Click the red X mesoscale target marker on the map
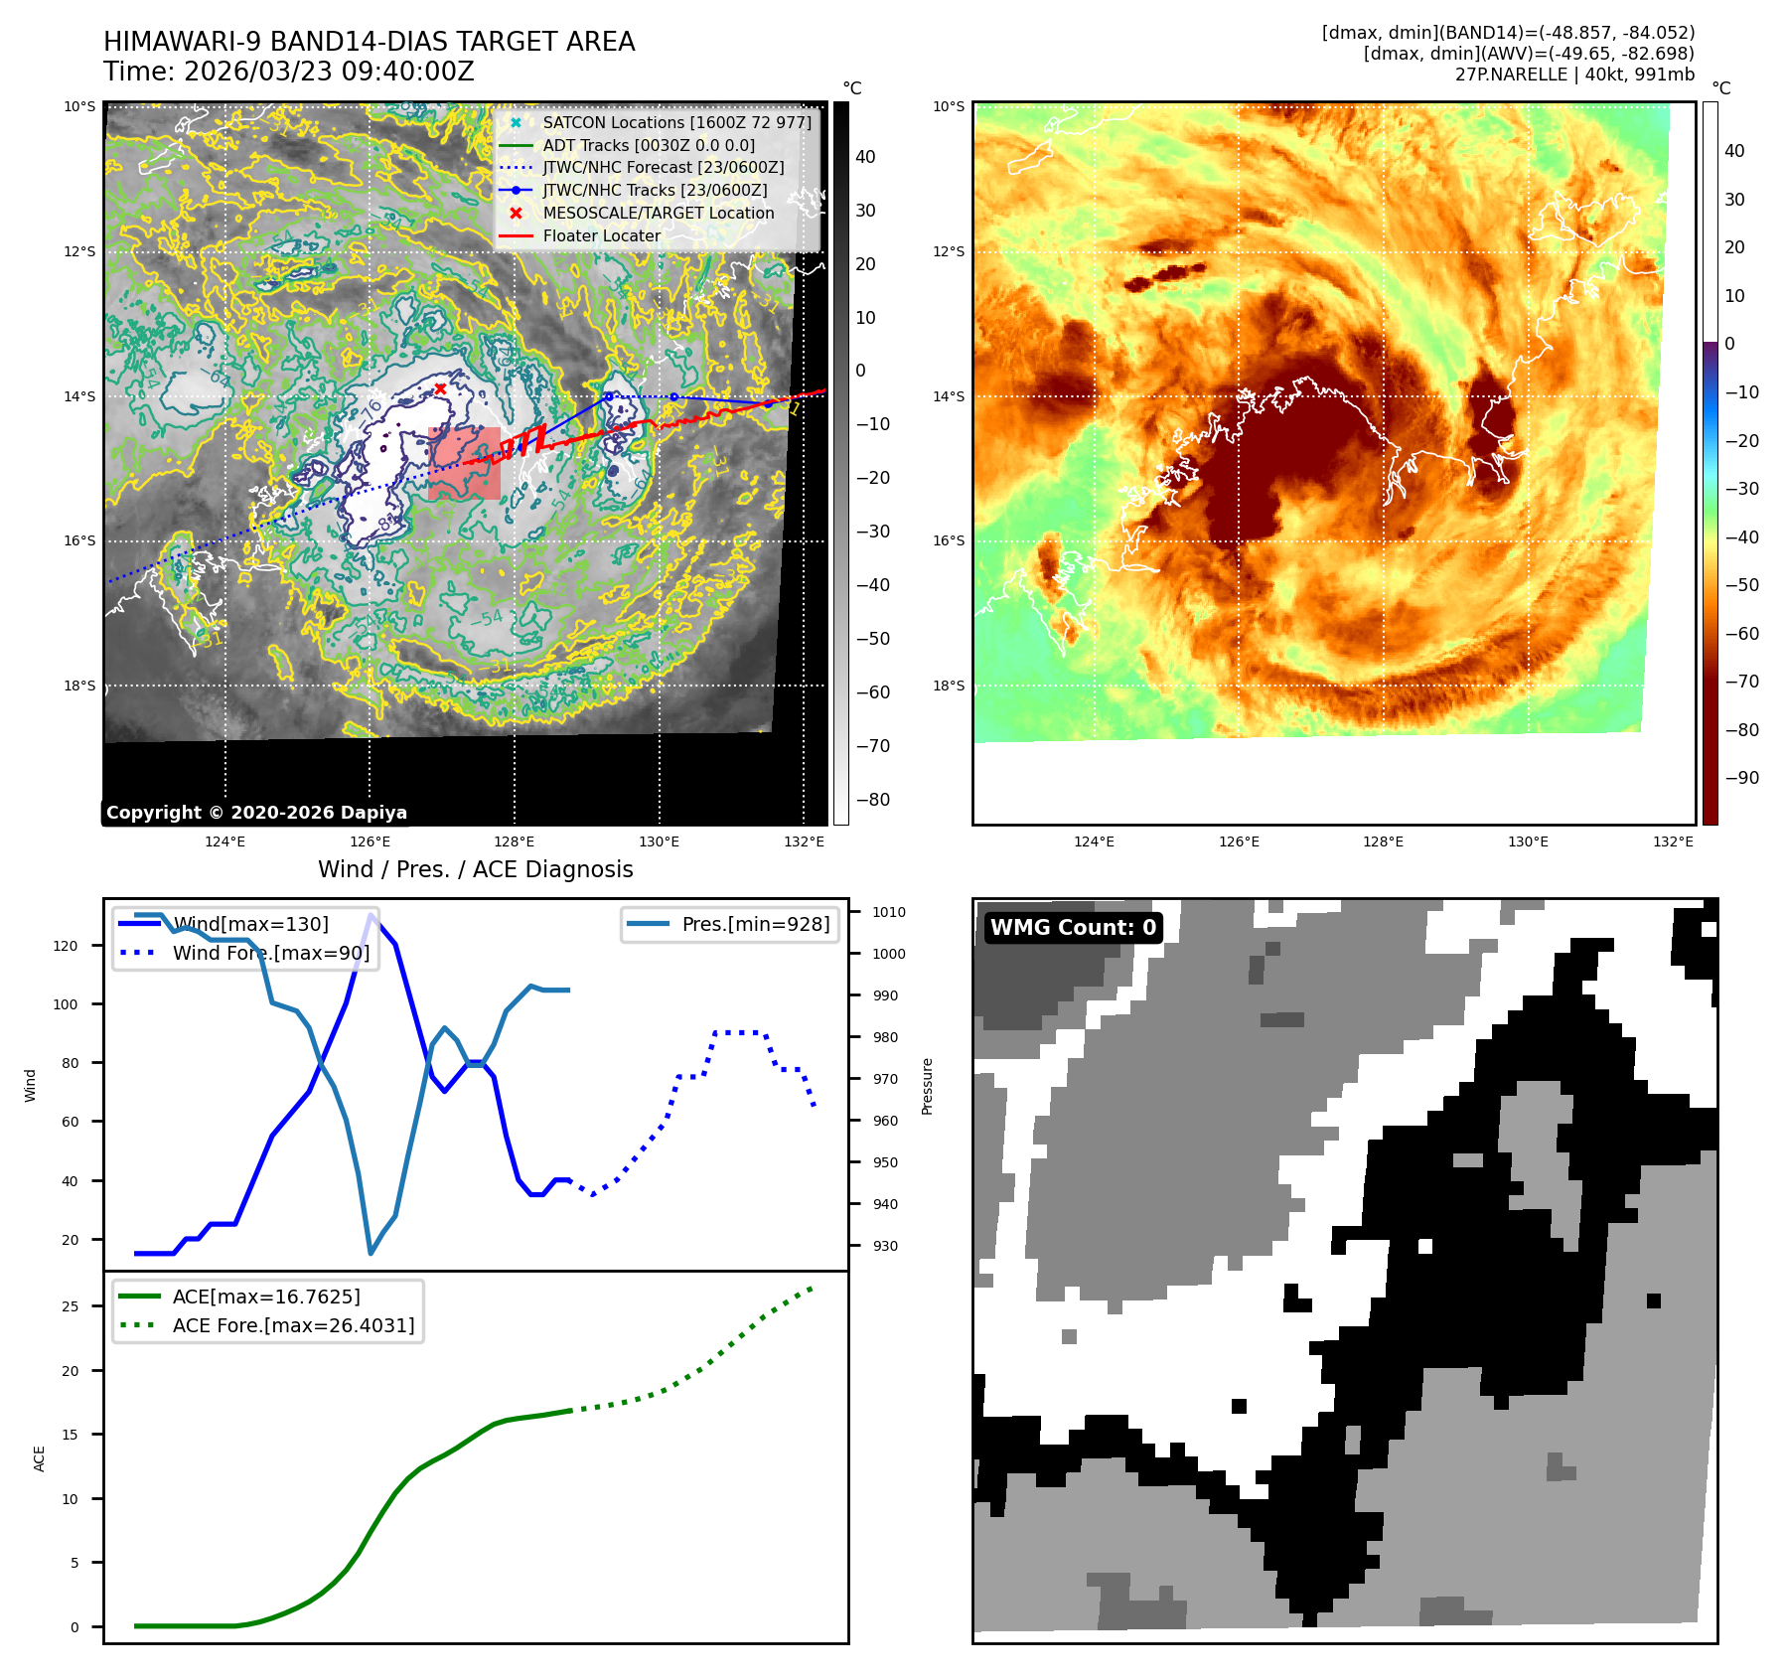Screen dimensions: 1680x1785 point(440,388)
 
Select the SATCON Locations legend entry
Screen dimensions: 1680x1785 point(675,122)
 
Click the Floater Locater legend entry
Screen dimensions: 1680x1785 point(601,235)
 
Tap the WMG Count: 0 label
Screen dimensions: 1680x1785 point(1073,927)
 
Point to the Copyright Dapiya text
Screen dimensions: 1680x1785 point(256,813)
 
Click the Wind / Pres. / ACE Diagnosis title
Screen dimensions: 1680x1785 point(475,869)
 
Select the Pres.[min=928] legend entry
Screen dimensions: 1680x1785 point(755,924)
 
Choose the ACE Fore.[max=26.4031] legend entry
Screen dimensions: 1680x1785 point(293,1325)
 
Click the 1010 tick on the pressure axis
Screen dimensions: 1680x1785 point(889,912)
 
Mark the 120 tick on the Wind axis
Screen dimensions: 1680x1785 point(66,946)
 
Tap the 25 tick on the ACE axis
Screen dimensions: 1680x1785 point(70,1306)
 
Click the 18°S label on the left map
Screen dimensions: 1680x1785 point(80,686)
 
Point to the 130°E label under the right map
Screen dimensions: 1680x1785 point(1528,841)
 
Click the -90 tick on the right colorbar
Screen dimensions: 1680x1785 point(1741,778)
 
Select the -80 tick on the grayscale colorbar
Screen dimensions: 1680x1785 point(873,800)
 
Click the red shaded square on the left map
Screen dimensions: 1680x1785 point(464,464)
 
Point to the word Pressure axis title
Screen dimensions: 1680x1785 point(927,1086)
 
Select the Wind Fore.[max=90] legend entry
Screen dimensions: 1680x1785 point(270,953)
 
